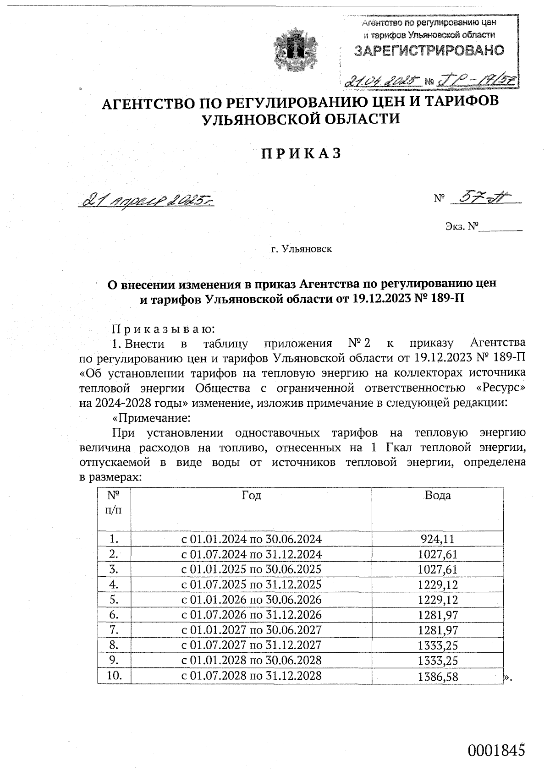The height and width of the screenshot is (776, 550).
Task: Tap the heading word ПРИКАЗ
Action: click(302, 153)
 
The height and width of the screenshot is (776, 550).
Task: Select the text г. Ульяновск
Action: click(301, 249)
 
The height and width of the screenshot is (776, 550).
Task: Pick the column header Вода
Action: click(438, 495)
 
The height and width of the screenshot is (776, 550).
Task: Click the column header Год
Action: click(251, 495)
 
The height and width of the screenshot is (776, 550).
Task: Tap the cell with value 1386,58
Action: click(438, 676)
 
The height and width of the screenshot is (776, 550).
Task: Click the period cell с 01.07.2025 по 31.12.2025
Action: click(252, 585)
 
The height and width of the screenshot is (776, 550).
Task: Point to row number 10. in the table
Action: click(114, 675)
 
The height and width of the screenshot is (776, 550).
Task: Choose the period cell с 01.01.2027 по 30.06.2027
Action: click(252, 630)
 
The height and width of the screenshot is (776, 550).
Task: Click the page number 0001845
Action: click(495, 751)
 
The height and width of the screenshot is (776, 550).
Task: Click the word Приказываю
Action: click(163, 328)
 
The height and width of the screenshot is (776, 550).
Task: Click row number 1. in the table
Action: click(114, 539)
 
